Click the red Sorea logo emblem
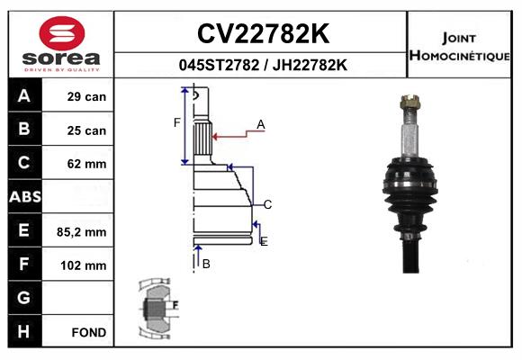[x=62, y=33]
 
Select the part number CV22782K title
[x=264, y=33]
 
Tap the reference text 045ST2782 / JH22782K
[x=263, y=65]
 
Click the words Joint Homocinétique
[x=459, y=47]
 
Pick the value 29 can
[x=86, y=96]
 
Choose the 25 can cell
[x=86, y=130]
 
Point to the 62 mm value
[x=86, y=164]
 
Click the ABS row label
[x=25, y=196]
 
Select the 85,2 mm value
[x=82, y=232]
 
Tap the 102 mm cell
[x=84, y=265]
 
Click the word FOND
[x=89, y=332]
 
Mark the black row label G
[x=23, y=297]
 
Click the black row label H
[x=23, y=331]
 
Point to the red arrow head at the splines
[x=215, y=137]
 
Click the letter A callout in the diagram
[x=261, y=125]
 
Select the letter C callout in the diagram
[x=267, y=204]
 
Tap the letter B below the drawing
[x=206, y=264]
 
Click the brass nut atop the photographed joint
[x=410, y=102]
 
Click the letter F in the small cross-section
[x=175, y=305]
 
